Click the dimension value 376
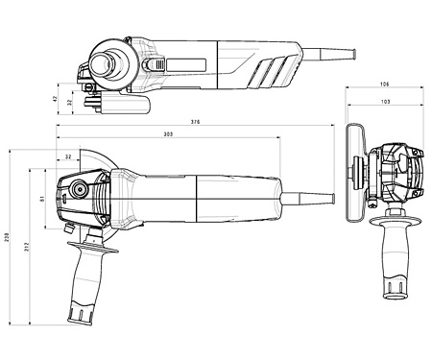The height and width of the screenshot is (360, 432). [195, 122]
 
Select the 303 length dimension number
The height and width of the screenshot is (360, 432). [168, 134]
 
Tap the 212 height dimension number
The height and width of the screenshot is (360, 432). [27, 247]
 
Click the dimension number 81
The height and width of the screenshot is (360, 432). [41, 199]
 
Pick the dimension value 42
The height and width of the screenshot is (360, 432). [55, 99]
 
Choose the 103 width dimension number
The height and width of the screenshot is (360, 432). [386, 102]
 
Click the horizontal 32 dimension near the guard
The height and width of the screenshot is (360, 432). [68, 156]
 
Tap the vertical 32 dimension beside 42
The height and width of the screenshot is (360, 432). [70, 103]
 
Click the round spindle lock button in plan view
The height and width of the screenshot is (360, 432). [79, 190]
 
